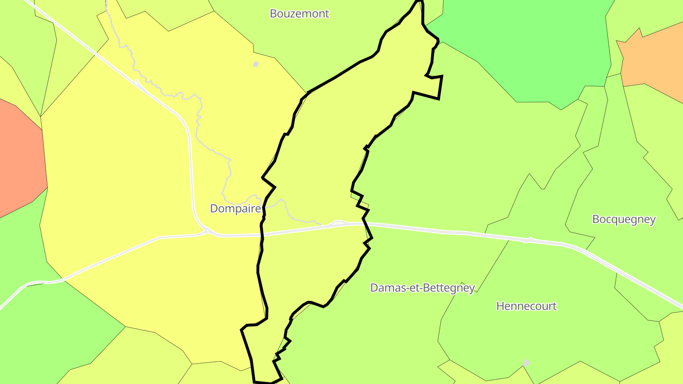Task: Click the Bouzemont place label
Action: tap(299, 14)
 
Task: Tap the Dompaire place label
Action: tap(235, 209)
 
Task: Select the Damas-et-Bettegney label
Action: tap(422, 288)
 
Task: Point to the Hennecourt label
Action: tap(526, 306)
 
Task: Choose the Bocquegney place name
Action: tap(624, 219)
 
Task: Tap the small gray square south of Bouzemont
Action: tap(256, 64)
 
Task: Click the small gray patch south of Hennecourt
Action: tap(526, 363)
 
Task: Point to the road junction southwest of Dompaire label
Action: tap(207, 231)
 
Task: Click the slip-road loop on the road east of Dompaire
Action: tap(338, 222)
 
